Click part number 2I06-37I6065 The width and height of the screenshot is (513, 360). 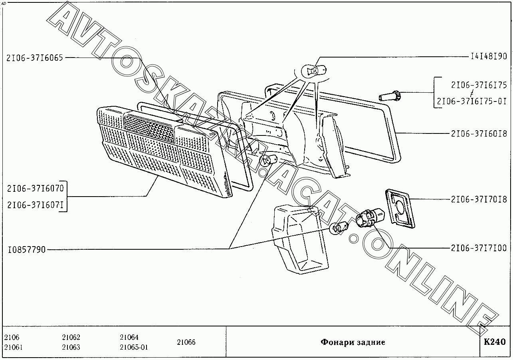click(35, 58)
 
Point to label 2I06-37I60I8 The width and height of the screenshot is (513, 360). click(479, 134)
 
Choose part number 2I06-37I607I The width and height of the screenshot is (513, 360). click(35, 205)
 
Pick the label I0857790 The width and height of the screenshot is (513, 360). click(26, 250)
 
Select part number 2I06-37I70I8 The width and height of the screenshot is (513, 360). click(479, 199)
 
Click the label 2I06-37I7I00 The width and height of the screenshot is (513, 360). click(479, 248)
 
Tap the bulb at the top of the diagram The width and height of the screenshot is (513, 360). click(314, 71)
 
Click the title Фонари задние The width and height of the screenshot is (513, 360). click(353, 342)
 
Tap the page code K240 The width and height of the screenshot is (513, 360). click(495, 342)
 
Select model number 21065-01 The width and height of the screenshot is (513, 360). click(133, 347)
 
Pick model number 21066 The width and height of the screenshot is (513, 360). click(186, 342)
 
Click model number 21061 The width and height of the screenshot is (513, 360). click(13, 347)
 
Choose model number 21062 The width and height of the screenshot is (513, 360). click(71, 337)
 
